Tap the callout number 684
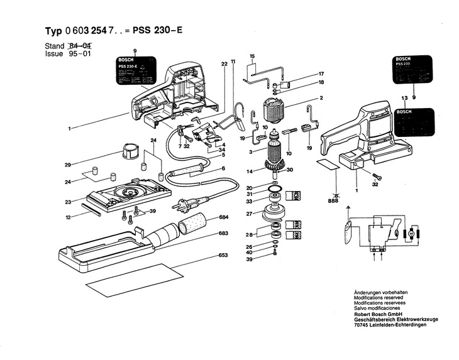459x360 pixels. point(223,217)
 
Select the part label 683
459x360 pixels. point(223,233)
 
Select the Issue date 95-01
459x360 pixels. point(79,54)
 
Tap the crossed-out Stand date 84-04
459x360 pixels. point(79,46)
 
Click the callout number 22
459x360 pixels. point(224,63)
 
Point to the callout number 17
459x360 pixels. point(321,74)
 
